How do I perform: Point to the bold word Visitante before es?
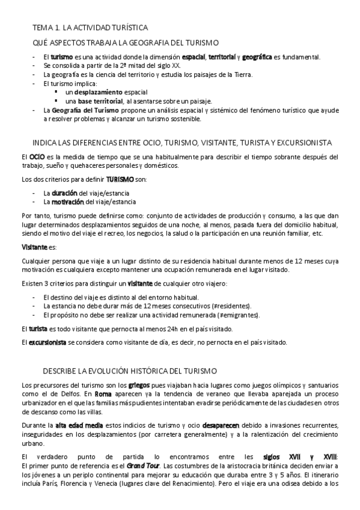34,247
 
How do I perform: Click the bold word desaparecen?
223,425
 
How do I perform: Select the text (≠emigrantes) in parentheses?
237,315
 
